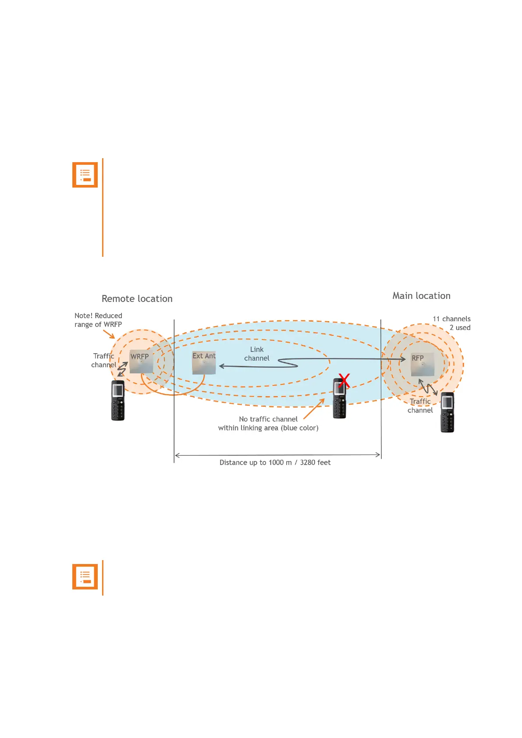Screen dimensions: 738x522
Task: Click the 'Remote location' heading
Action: pos(137,298)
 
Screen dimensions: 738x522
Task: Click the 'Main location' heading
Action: pos(421,296)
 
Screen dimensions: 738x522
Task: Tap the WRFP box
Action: pos(141,361)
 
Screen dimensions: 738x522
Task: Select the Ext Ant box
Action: pos(204,362)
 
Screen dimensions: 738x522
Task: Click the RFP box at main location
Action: pos(422,364)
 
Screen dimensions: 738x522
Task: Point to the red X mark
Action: pos(344,380)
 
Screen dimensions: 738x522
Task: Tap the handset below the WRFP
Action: pos(117,401)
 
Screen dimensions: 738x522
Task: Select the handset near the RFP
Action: pos(447,412)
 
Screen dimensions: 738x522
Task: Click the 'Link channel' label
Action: pos(257,354)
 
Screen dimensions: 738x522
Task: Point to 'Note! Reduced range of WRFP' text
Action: pos(98,320)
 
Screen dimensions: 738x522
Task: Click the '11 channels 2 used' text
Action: pos(452,323)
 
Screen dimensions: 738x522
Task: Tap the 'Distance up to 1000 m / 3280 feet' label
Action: pos(275,462)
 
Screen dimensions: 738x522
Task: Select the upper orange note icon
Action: pos(85,175)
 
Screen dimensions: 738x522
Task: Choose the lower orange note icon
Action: pos(85,577)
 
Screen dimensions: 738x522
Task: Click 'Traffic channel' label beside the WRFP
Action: pos(104,360)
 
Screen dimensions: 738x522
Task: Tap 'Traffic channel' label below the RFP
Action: pos(420,406)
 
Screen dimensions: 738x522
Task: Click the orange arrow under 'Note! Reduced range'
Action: pos(109,334)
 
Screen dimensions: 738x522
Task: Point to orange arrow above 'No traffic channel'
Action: pos(314,409)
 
